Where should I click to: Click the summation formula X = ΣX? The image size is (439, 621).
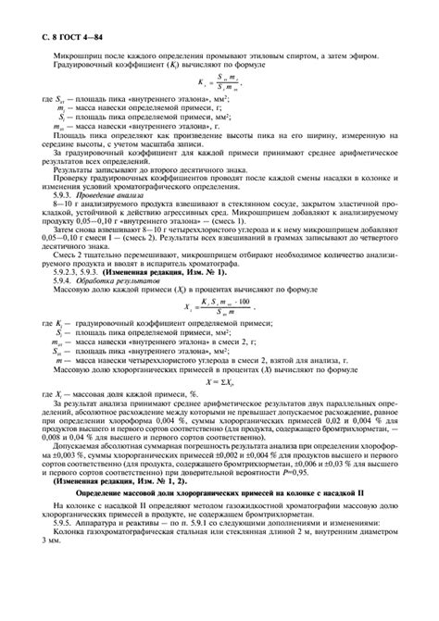click(219, 406)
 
